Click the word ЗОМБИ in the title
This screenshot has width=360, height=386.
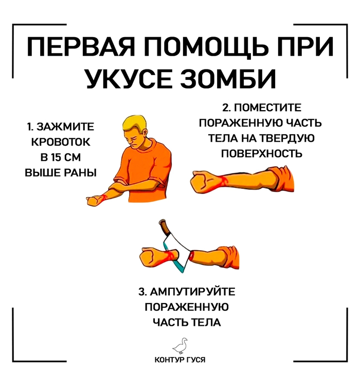pyautogui.click(x=228, y=79)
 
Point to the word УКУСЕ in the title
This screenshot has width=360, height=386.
pyautogui.click(x=130, y=79)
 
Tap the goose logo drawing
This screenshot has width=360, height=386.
pyautogui.click(x=181, y=345)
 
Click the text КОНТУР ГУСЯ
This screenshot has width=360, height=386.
pyautogui.click(x=180, y=360)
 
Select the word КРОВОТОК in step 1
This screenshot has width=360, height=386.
pyautogui.click(x=61, y=142)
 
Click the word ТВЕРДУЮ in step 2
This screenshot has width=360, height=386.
pyautogui.click(x=287, y=138)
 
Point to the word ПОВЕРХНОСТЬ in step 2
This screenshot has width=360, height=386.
pyautogui.click(x=262, y=153)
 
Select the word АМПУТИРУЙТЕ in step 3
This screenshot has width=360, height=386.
pyautogui.click(x=193, y=292)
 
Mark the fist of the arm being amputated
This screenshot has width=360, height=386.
pyautogui.click(x=150, y=258)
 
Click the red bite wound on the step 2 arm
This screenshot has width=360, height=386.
pyautogui.click(x=224, y=181)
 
